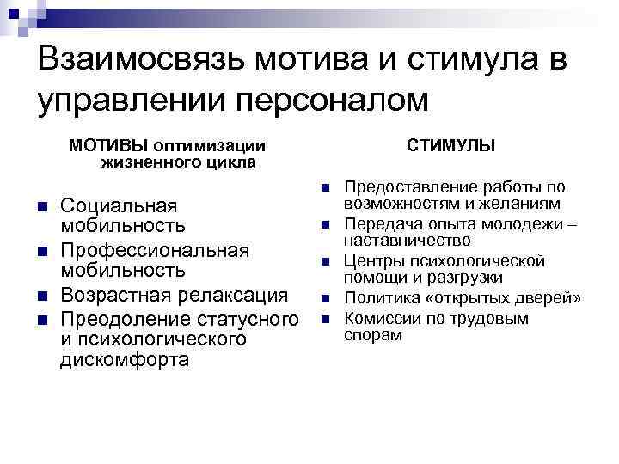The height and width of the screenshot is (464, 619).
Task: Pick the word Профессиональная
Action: pyautogui.click(x=155, y=250)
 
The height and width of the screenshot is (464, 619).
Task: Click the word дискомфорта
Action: pyautogui.click(x=125, y=361)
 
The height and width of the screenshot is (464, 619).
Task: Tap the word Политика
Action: pyautogui.click(x=378, y=298)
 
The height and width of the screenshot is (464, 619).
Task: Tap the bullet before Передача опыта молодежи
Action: pyautogui.click(x=326, y=225)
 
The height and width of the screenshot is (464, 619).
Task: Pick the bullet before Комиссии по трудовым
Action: pyautogui.click(x=326, y=320)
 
